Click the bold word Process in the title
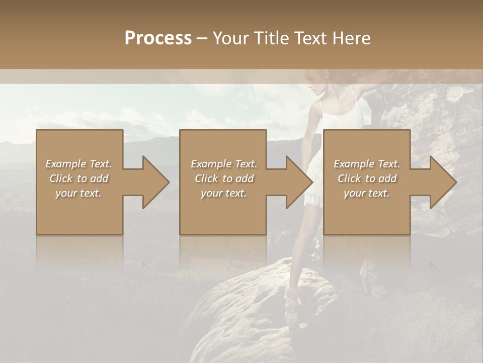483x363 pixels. (x=158, y=38)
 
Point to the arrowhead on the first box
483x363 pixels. (x=156, y=182)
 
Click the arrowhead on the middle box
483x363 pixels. (x=299, y=182)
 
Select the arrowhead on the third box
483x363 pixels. (x=443, y=182)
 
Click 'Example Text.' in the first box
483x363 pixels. (x=79, y=164)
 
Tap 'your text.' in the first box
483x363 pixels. (x=79, y=193)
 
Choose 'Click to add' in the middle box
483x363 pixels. (x=224, y=178)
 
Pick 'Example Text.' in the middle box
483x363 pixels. (x=224, y=164)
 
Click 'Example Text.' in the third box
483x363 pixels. (x=367, y=164)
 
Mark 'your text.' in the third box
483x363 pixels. (x=367, y=193)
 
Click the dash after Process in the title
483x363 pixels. (x=202, y=38)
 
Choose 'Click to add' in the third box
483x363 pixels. (x=367, y=178)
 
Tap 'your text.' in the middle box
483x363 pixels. (x=224, y=193)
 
